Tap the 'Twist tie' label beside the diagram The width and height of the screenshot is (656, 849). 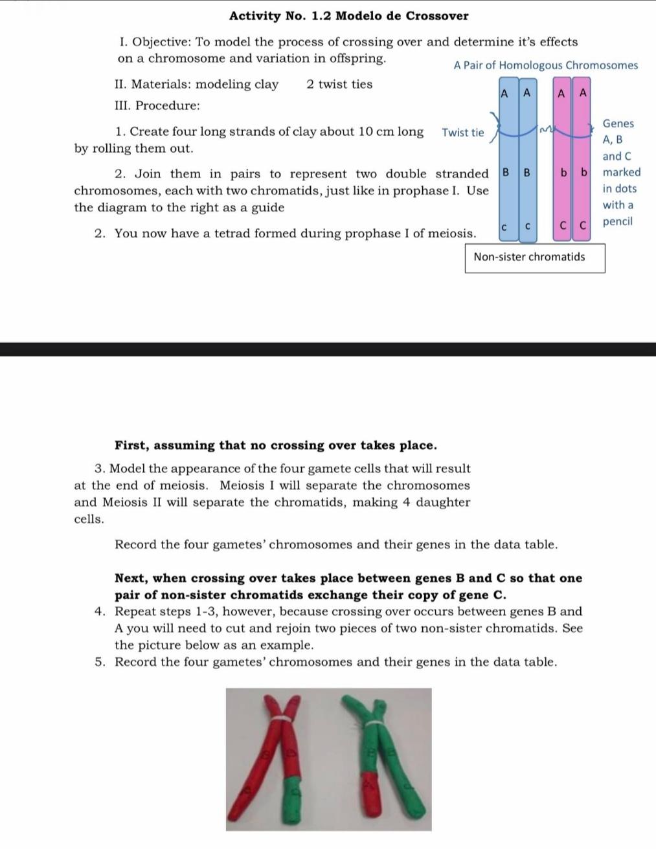click(462, 133)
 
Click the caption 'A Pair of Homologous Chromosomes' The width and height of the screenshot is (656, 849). click(545, 65)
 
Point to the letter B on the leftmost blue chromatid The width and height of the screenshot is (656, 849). click(506, 173)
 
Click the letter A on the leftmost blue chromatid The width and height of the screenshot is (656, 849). click(504, 93)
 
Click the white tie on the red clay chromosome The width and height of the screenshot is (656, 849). click(282, 719)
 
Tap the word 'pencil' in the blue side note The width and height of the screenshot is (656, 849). click(617, 222)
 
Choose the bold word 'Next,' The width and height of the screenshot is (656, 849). click(131, 579)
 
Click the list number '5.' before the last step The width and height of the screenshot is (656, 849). click(100, 662)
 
